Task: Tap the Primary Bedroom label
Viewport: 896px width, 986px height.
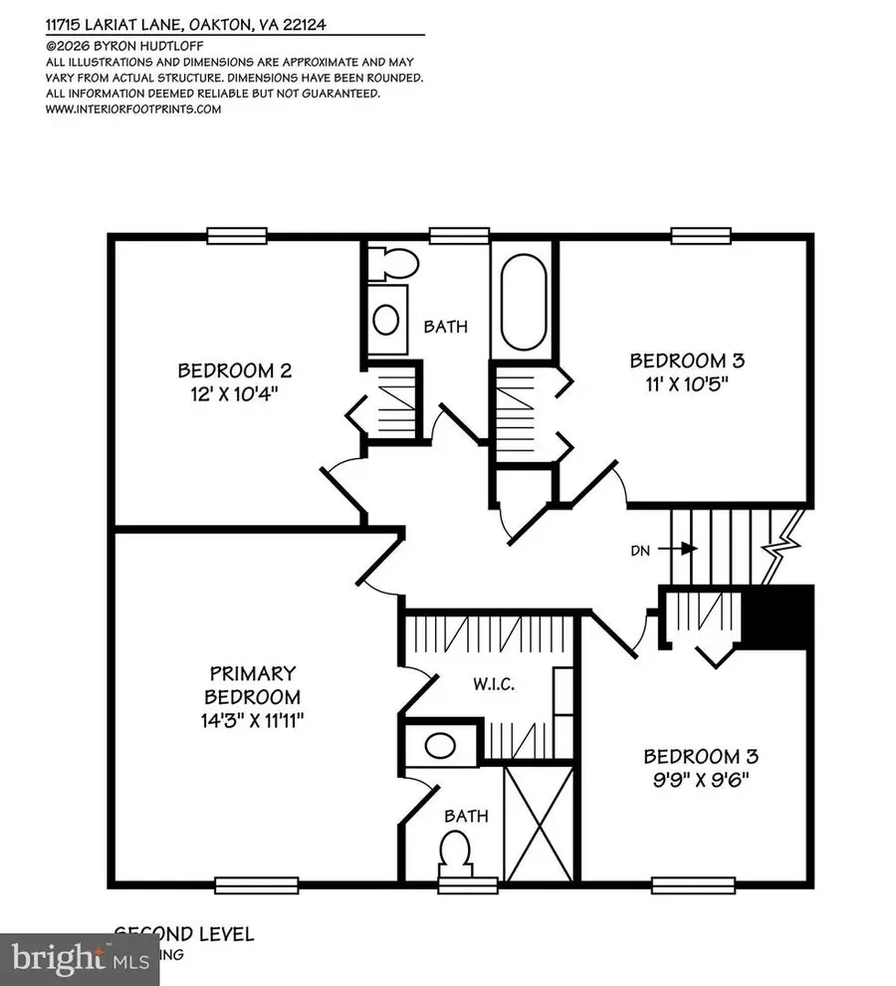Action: pyautogui.click(x=252, y=685)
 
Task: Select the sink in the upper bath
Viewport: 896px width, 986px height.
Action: pyautogui.click(x=385, y=319)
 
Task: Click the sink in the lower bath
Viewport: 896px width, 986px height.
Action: pyautogui.click(x=438, y=744)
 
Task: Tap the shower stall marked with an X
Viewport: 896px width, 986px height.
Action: pyautogui.click(x=541, y=822)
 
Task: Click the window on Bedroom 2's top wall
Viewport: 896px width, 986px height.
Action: pyautogui.click(x=237, y=235)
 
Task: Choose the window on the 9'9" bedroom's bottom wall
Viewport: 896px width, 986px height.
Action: pyautogui.click(x=681, y=882)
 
